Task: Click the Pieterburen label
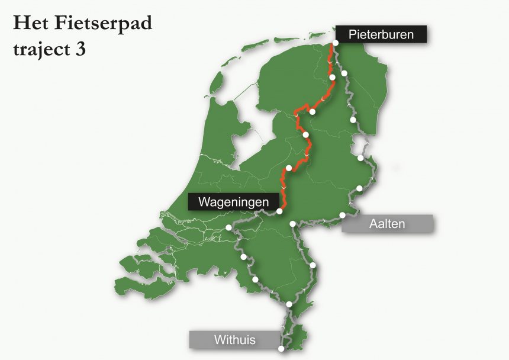381,34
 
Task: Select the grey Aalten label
387,223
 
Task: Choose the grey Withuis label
234,340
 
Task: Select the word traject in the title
38,49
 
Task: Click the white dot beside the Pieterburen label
336,43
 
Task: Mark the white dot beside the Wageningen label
279,211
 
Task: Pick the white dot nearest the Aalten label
342,214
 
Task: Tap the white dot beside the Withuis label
281,349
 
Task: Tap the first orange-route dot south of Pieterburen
332,78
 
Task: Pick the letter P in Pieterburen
352,34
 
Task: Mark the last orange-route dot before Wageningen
288,168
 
